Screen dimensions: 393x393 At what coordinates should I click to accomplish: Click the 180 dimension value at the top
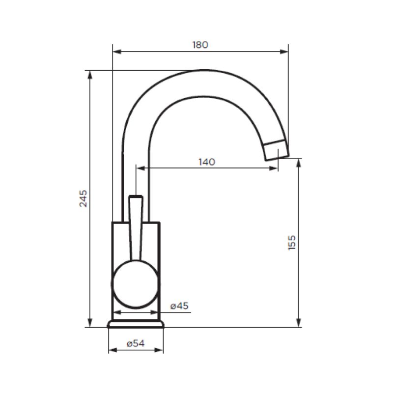[200, 45]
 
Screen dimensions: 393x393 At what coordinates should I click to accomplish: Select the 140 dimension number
[207, 162]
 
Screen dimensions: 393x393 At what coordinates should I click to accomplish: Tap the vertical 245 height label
[84, 198]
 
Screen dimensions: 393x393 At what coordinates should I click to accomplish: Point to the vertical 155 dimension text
[292, 243]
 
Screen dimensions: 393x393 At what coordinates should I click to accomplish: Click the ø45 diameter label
[179, 306]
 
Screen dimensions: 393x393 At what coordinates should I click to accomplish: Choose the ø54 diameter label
[135, 344]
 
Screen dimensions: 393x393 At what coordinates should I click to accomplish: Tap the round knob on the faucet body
[135, 285]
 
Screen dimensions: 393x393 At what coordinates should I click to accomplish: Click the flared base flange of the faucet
[136, 324]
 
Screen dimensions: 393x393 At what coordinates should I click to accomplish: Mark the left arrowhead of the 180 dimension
[116, 51]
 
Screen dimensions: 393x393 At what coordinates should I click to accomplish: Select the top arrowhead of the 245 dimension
[89, 74]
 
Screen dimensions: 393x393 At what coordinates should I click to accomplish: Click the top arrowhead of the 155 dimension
[299, 163]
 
